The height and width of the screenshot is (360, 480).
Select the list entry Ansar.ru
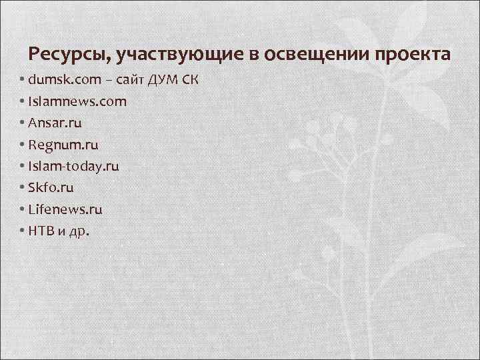click(x=56, y=123)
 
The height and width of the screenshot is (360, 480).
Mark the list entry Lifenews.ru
click(x=65, y=209)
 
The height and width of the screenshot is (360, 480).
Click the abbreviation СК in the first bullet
click(x=190, y=80)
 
